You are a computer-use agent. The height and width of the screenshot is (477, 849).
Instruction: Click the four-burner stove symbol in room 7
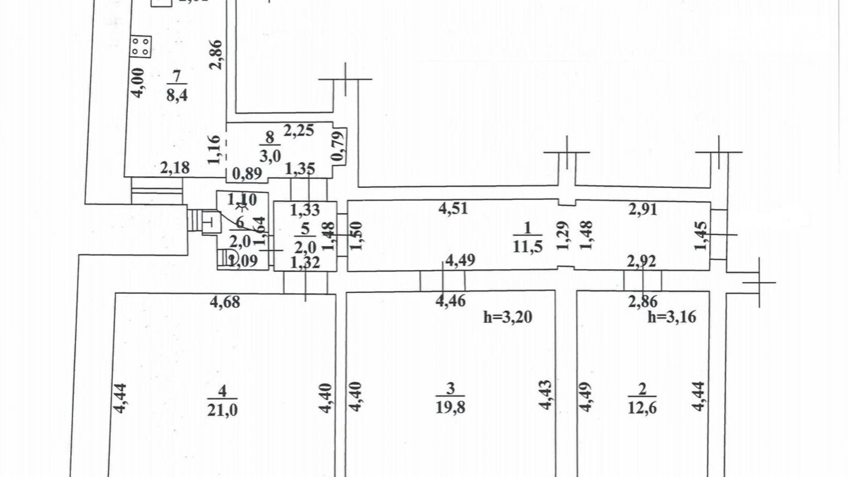coord(140,46)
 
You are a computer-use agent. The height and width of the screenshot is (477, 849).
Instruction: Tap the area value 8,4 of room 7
coord(177,96)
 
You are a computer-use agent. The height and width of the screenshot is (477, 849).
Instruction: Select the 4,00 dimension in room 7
coord(138,83)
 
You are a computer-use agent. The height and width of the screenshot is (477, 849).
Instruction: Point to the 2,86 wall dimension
coord(216,55)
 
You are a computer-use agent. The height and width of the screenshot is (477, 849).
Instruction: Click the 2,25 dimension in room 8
coord(299,131)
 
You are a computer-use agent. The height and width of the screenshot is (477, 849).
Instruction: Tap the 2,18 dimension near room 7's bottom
coord(175,168)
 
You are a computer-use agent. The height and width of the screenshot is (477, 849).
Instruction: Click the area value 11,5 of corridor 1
coord(527,247)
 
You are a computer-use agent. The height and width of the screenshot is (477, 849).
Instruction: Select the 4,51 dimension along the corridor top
coord(453,209)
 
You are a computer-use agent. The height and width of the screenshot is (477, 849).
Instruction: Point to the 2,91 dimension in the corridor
coord(642,209)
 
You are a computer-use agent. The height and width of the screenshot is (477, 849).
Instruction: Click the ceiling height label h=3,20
coord(508,317)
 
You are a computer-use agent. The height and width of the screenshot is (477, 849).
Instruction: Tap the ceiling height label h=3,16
coord(672,317)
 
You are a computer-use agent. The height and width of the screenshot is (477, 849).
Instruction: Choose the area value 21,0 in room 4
coord(222,410)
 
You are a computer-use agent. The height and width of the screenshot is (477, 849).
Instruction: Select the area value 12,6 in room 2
coord(642,407)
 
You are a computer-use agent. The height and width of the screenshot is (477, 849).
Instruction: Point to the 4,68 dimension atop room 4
coord(225,302)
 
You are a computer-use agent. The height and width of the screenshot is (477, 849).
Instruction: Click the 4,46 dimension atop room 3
coord(450,301)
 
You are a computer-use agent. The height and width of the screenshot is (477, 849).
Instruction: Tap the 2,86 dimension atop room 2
coord(643,301)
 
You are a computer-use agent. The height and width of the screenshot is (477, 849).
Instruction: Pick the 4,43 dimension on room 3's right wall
coord(546,394)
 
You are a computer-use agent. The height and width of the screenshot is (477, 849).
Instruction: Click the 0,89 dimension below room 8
coord(247,173)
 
